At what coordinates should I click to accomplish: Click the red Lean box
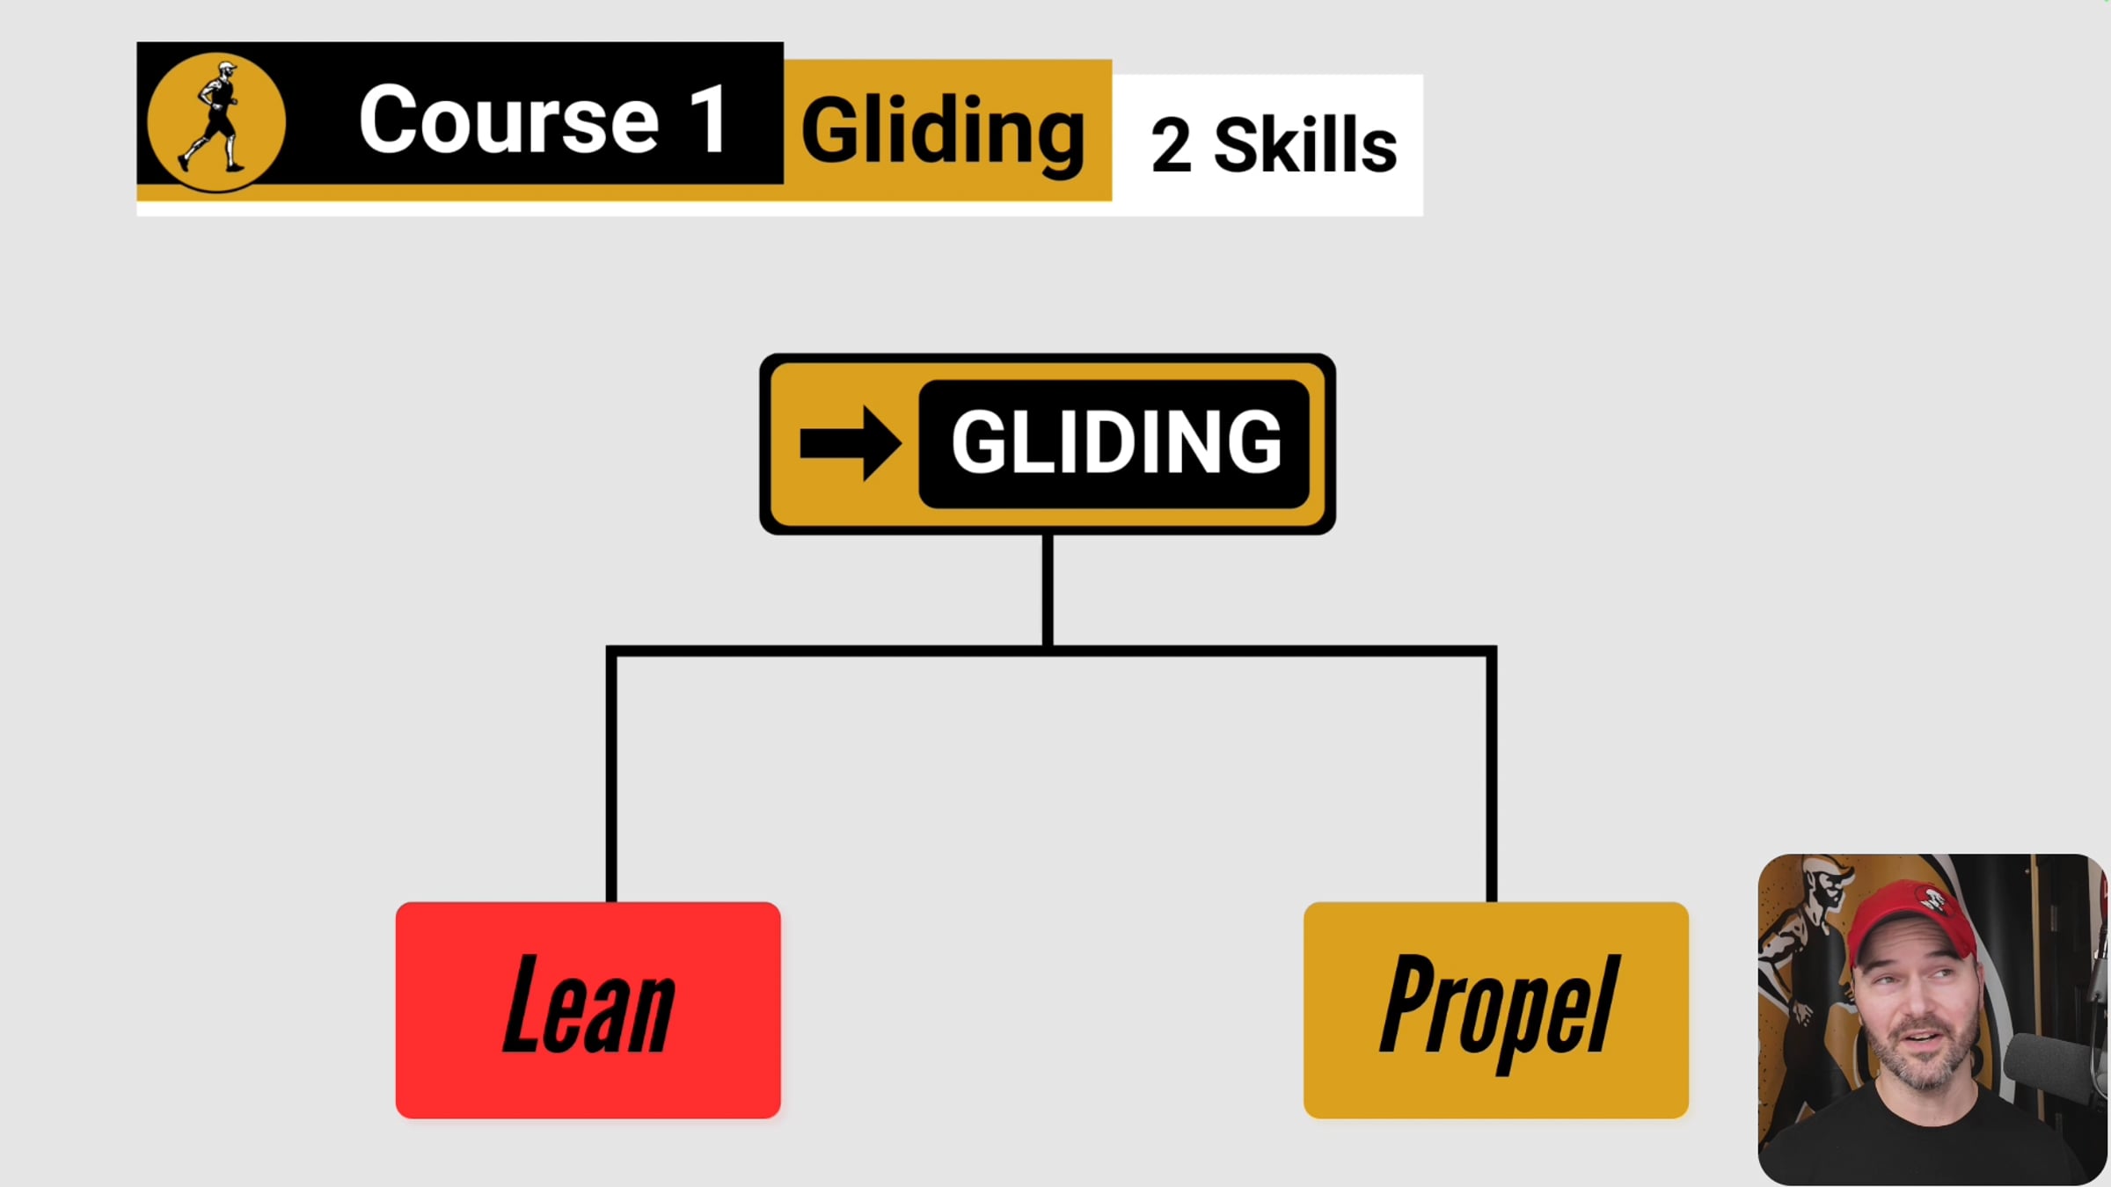tap(588, 1010)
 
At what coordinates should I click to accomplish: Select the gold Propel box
tap(1495, 1010)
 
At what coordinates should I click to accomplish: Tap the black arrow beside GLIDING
tap(850, 443)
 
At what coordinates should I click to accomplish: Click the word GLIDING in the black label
tap(1115, 442)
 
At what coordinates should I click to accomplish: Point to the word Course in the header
tap(508, 120)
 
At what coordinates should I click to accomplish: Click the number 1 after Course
tap(709, 120)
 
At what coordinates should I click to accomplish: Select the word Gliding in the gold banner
tap(943, 132)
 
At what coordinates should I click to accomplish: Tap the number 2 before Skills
tap(1171, 145)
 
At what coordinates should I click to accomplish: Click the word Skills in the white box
tap(1305, 143)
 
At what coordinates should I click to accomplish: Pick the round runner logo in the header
tap(215, 121)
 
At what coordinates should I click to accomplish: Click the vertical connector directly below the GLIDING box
tap(1048, 590)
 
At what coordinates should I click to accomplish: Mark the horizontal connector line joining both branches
tap(1051, 651)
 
